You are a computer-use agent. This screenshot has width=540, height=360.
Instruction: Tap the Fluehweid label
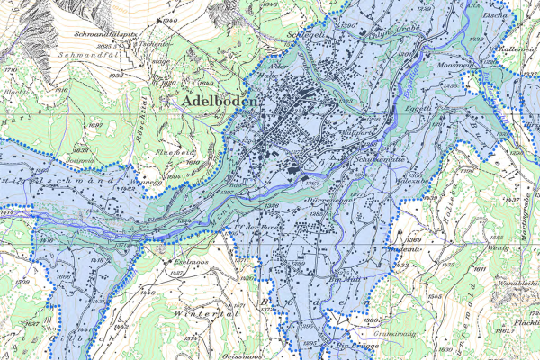pos(176,152)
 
